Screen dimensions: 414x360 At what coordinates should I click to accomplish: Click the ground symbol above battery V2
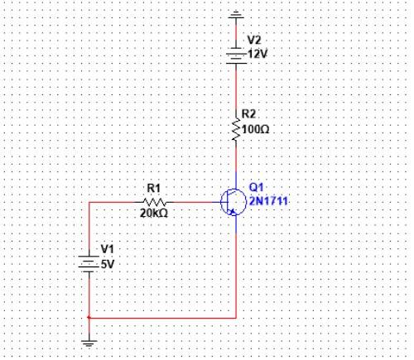(x=236, y=15)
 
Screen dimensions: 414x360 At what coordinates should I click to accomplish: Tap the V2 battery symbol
(x=236, y=56)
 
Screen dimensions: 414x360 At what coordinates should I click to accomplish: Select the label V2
(x=254, y=41)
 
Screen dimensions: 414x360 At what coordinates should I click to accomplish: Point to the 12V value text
(x=258, y=54)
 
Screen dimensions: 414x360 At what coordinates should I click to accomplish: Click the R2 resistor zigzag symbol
(x=236, y=130)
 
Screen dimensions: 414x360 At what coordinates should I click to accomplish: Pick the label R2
(x=248, y=113)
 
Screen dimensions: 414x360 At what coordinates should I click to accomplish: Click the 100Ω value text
(x=255, y=129)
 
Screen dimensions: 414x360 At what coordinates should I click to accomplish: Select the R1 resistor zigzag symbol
(x=154, y=202)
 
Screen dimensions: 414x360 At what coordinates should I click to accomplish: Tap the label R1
(x=154, y=189)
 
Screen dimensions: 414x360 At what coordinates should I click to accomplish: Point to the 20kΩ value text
(x=154, y=213)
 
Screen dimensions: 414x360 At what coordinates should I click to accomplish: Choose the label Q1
(x=256, y=187)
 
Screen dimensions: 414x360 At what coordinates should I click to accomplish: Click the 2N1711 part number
(x=268, y=201)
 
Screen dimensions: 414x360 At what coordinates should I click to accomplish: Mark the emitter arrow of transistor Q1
(x=233, y=212)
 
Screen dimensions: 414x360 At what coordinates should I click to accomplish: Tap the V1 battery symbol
(x=89, y=264)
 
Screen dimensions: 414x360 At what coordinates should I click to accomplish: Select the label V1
(x=108, y=249)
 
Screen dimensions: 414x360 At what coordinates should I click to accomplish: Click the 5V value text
(x=108, y=265)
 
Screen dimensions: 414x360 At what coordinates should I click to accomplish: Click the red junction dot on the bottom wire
(x=89, y=318)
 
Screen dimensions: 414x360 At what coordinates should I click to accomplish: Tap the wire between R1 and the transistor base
(x=193, y=202)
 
